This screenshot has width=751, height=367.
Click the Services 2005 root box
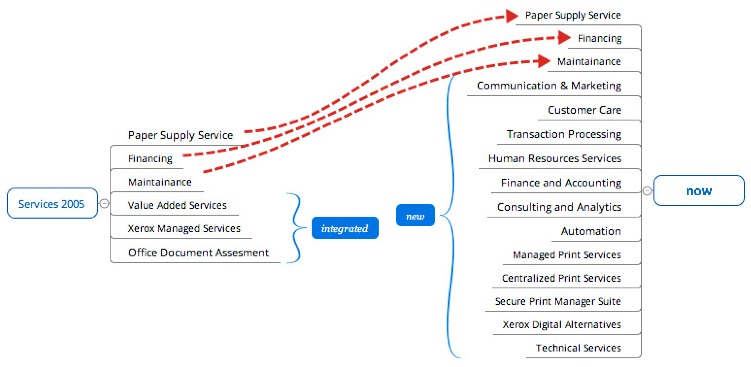(52, 203)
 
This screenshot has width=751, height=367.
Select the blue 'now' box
(699, 191)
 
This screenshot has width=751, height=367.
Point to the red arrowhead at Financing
(564, 38)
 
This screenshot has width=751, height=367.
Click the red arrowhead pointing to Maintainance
(543, 61)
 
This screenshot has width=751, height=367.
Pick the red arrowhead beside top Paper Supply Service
(511, 16)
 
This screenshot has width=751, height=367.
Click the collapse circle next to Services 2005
(104, 203)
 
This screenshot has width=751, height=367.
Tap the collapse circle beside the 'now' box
(647, 191)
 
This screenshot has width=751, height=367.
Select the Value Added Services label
(177, 205)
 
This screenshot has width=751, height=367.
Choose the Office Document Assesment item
(198, 253)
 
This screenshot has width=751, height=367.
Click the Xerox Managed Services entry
(184, 229)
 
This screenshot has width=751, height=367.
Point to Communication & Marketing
(549, 86)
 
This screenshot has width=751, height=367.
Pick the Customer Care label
(584, 110)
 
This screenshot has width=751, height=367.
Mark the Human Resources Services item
(555, 158)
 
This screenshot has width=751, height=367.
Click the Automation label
(591, 231)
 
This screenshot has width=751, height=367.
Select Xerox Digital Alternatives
(561, 325)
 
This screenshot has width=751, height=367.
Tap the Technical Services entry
(578, 348)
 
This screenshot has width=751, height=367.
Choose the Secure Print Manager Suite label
(558, 301)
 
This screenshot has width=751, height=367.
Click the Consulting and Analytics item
(559, 207)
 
